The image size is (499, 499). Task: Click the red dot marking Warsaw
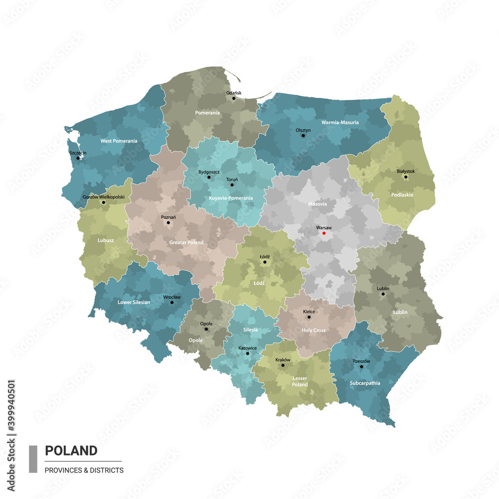click(x=323, y=233)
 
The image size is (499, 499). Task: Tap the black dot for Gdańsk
click(x=234, y=98)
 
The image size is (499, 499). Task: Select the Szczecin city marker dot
click(x=78, y=158)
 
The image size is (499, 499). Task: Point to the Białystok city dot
click(x=406, y=177)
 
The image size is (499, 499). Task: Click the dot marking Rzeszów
click(x=361, y=367)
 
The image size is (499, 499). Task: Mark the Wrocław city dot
click(x=172, y=302)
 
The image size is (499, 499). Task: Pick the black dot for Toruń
click(x=232, y=185)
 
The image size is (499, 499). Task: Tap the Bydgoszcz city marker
click(x=209, y=177)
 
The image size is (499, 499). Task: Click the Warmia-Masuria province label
click(x=340, y=122)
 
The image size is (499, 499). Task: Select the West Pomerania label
click(x=119, y=141)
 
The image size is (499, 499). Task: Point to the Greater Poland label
click(x=187, y=243)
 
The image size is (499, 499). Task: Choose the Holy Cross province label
click(x=314, y=330)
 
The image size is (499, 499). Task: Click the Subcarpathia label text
click(x=358, y=383)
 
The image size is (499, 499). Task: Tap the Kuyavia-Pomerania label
click(x=231, y=198)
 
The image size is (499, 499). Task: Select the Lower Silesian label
click(x=134, y=302)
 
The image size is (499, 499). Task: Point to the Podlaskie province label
click(x=402, y=195)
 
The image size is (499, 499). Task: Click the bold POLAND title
click(x=71, y=451)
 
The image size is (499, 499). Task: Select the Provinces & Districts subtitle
click(x=84, y=470)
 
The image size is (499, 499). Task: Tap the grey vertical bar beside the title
click(x=33, y=459)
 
